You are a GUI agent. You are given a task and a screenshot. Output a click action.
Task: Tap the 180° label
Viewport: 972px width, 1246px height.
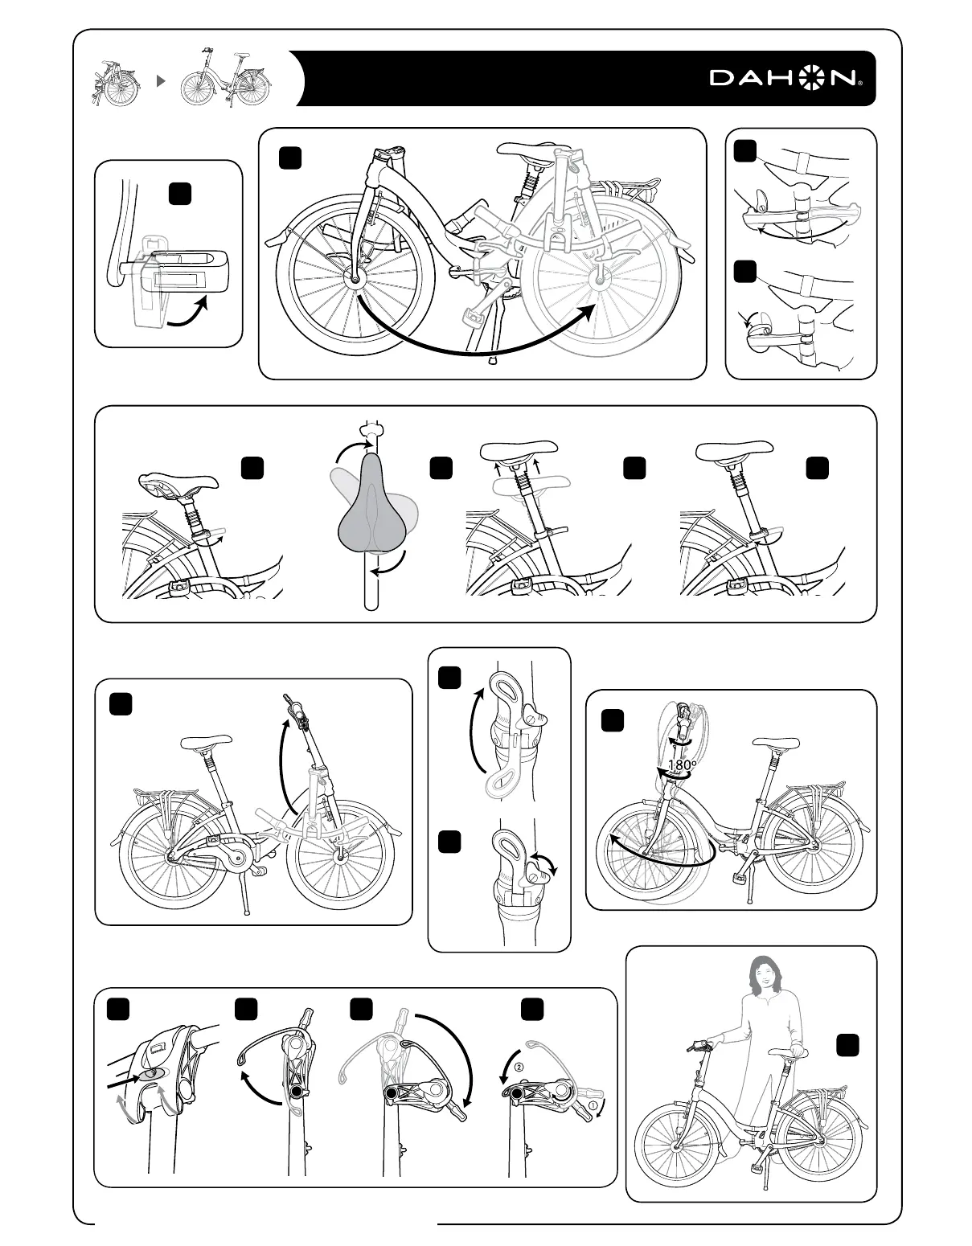click(682, 765)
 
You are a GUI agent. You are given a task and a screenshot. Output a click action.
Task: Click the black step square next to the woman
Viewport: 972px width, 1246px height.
click(847, 1045)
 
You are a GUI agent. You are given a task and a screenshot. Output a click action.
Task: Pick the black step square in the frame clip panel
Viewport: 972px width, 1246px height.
click(180, 193)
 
